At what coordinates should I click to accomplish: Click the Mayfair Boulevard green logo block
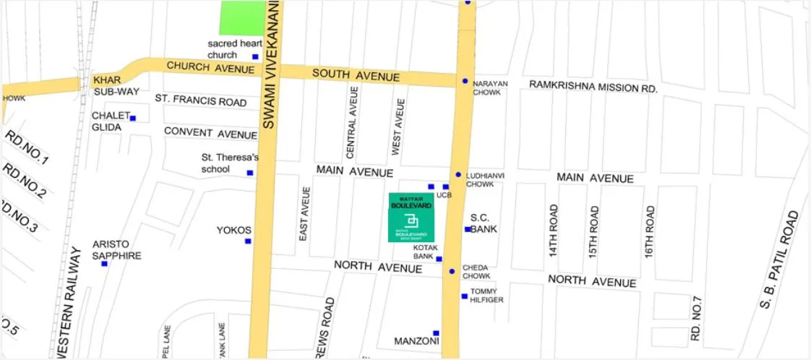[411, 217]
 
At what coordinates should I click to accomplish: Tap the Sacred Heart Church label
[235, 49]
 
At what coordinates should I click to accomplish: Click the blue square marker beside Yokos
[248, 241]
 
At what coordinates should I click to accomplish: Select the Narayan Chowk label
[490, 88]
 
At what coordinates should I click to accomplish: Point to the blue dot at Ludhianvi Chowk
[458, 175]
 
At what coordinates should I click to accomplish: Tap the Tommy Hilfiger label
[486, 296]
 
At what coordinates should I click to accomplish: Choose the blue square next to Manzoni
[436, 333]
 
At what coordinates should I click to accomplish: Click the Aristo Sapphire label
[116, 250]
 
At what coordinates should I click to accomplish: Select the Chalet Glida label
[107, 121]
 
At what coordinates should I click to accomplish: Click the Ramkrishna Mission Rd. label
[593, 86]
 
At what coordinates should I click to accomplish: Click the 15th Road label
[594, 231]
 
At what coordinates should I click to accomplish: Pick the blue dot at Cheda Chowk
[452, 272]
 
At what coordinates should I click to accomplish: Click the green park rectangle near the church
[243, 17]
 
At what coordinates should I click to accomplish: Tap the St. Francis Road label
[201, 100]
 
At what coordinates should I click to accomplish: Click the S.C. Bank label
[484, 223]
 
